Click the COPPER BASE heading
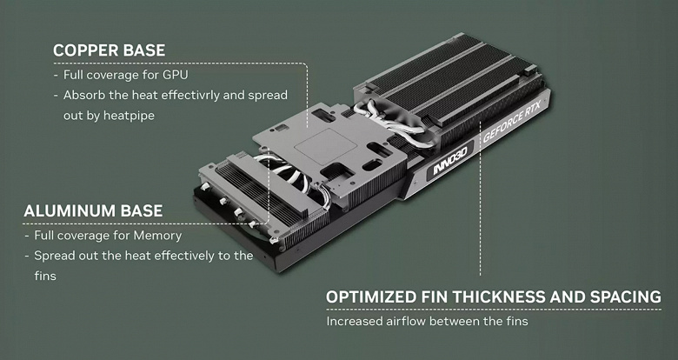(x=109, y=50)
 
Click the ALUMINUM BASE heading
(x=93, y=210)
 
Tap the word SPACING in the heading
(x=626, y=297)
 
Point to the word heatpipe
(x=130, y=116)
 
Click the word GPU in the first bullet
(x=175, y=75)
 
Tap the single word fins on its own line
(x=45, y=276)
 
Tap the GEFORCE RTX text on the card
(x=511, y=126)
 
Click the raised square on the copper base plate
(x=326, y=147)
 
